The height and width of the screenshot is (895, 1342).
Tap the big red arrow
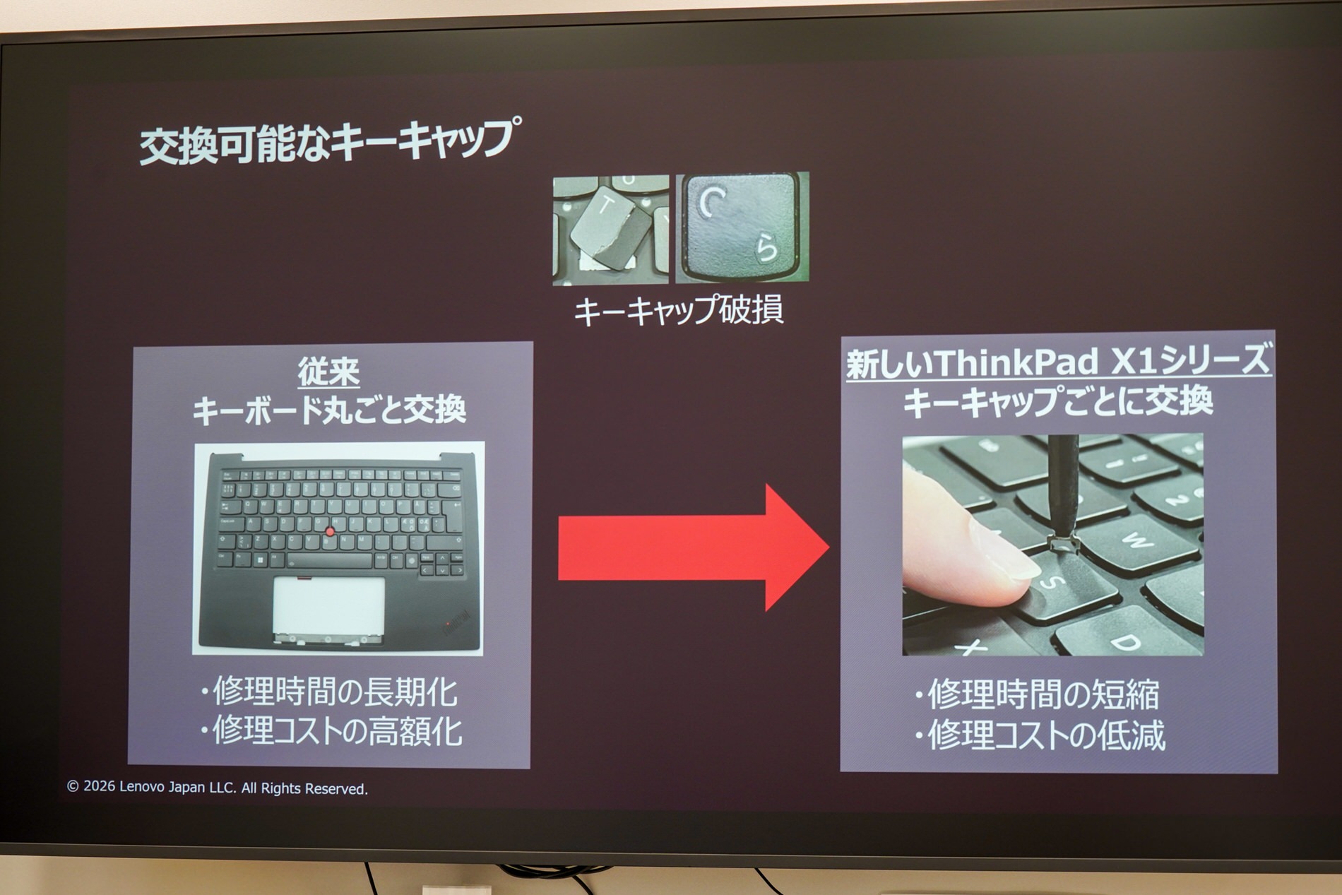click(693, 547)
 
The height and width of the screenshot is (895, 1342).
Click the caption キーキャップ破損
click(678, 311)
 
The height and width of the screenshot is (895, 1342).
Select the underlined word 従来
click(328, 372)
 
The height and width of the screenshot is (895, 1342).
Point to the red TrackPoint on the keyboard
click(330, 530)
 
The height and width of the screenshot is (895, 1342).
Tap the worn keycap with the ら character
click(742, 227)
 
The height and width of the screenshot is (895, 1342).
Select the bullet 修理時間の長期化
click(328, 692)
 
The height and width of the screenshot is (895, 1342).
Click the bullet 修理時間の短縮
click(1036, 694)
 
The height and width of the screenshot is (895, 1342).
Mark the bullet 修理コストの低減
click(1038, 735)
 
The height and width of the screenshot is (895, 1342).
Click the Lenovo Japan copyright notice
click(218, 788)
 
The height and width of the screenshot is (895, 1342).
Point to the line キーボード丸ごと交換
click(329, 410)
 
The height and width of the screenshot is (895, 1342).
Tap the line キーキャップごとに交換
click(1058, 401)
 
